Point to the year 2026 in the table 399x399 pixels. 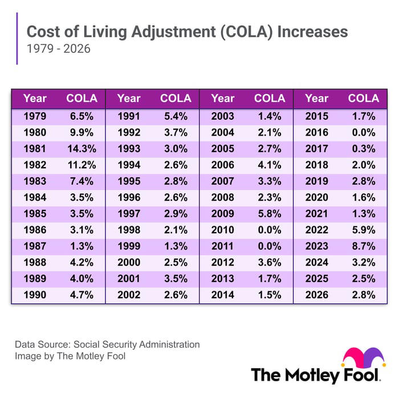316,295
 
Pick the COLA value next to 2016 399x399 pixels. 364,132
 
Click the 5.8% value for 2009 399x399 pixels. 270,214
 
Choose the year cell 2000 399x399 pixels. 129,263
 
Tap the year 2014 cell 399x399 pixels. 222,295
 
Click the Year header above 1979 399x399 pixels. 35,98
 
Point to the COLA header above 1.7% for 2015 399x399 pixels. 364,98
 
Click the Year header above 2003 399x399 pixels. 222,98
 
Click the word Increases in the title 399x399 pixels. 313,31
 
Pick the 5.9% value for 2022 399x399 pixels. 364,230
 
